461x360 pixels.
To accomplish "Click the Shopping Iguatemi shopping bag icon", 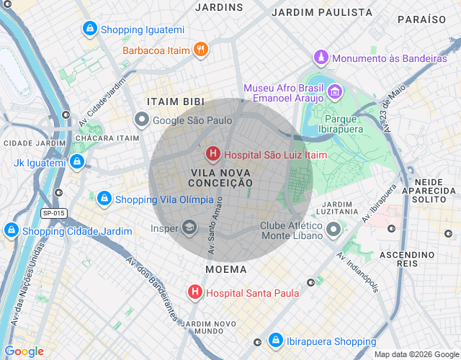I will click(89, 30).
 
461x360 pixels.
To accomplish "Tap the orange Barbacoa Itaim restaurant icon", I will click(201, 50).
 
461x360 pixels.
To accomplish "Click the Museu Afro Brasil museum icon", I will click(334, 91).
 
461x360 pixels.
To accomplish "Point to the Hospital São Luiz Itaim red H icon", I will click(213, 154).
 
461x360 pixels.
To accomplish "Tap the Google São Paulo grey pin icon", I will click(142, 120).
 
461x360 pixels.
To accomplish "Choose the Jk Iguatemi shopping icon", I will click(77, 163).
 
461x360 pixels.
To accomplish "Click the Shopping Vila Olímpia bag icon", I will click(104, 199).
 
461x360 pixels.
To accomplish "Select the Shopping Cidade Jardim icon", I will click(11, 231).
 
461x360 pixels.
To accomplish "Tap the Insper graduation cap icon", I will click(189, 228).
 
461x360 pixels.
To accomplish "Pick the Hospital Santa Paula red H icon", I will click(194, 292).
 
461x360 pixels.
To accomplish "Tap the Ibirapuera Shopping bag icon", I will click(275, 341).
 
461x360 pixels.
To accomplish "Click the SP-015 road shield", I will click(53, 213).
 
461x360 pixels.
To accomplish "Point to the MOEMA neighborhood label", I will click(225, 269).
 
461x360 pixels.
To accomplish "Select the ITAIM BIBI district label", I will click(175, 102).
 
